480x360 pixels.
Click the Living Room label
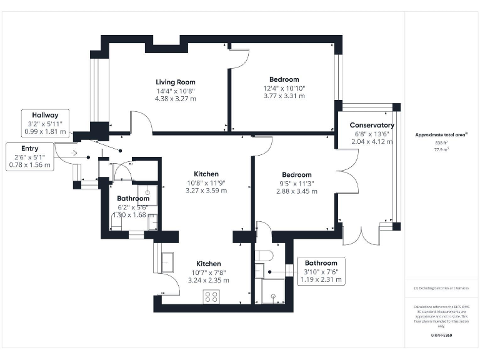(176, 82)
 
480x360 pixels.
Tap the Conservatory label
(372, 125)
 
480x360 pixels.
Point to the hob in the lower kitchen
(210, 297)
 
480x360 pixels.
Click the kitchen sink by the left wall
(168, 259)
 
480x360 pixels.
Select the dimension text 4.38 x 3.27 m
(176, 98)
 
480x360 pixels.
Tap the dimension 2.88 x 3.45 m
(296, 191)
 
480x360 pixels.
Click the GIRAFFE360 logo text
(441, 336)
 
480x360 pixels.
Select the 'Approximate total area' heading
(441, 135)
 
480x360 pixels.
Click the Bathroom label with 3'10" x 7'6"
(321, 263)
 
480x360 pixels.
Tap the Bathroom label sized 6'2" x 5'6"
(133, 198)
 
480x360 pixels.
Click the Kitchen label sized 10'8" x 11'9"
(206, 174)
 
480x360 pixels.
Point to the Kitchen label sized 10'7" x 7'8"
(208, 264)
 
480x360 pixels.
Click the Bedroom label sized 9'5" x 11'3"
(296, 175)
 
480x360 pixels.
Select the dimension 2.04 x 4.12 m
(372, 142)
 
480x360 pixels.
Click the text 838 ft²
(442, 143)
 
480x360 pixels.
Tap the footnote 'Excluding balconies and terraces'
(442, 287)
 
